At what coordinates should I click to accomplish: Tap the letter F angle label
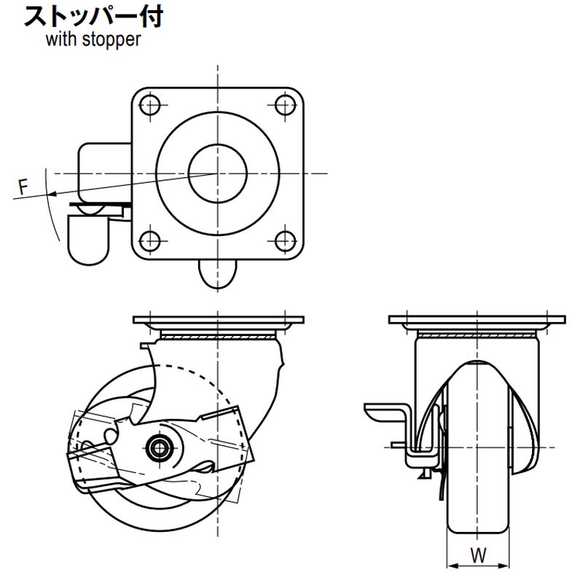(x=23, y=187)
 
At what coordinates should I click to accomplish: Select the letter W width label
(x=477, y=555)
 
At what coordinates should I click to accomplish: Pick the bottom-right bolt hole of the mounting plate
(x=284, y=240)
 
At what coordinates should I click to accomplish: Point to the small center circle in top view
(x=218, y=173)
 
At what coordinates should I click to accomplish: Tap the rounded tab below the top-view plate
(x=218, y=275)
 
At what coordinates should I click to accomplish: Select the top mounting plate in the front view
(x=477, y=321)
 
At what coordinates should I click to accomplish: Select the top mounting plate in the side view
(x=218, y=321)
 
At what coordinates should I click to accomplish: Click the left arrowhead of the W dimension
(x=450, y=565)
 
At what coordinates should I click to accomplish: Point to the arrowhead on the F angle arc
(x=50, y=193)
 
